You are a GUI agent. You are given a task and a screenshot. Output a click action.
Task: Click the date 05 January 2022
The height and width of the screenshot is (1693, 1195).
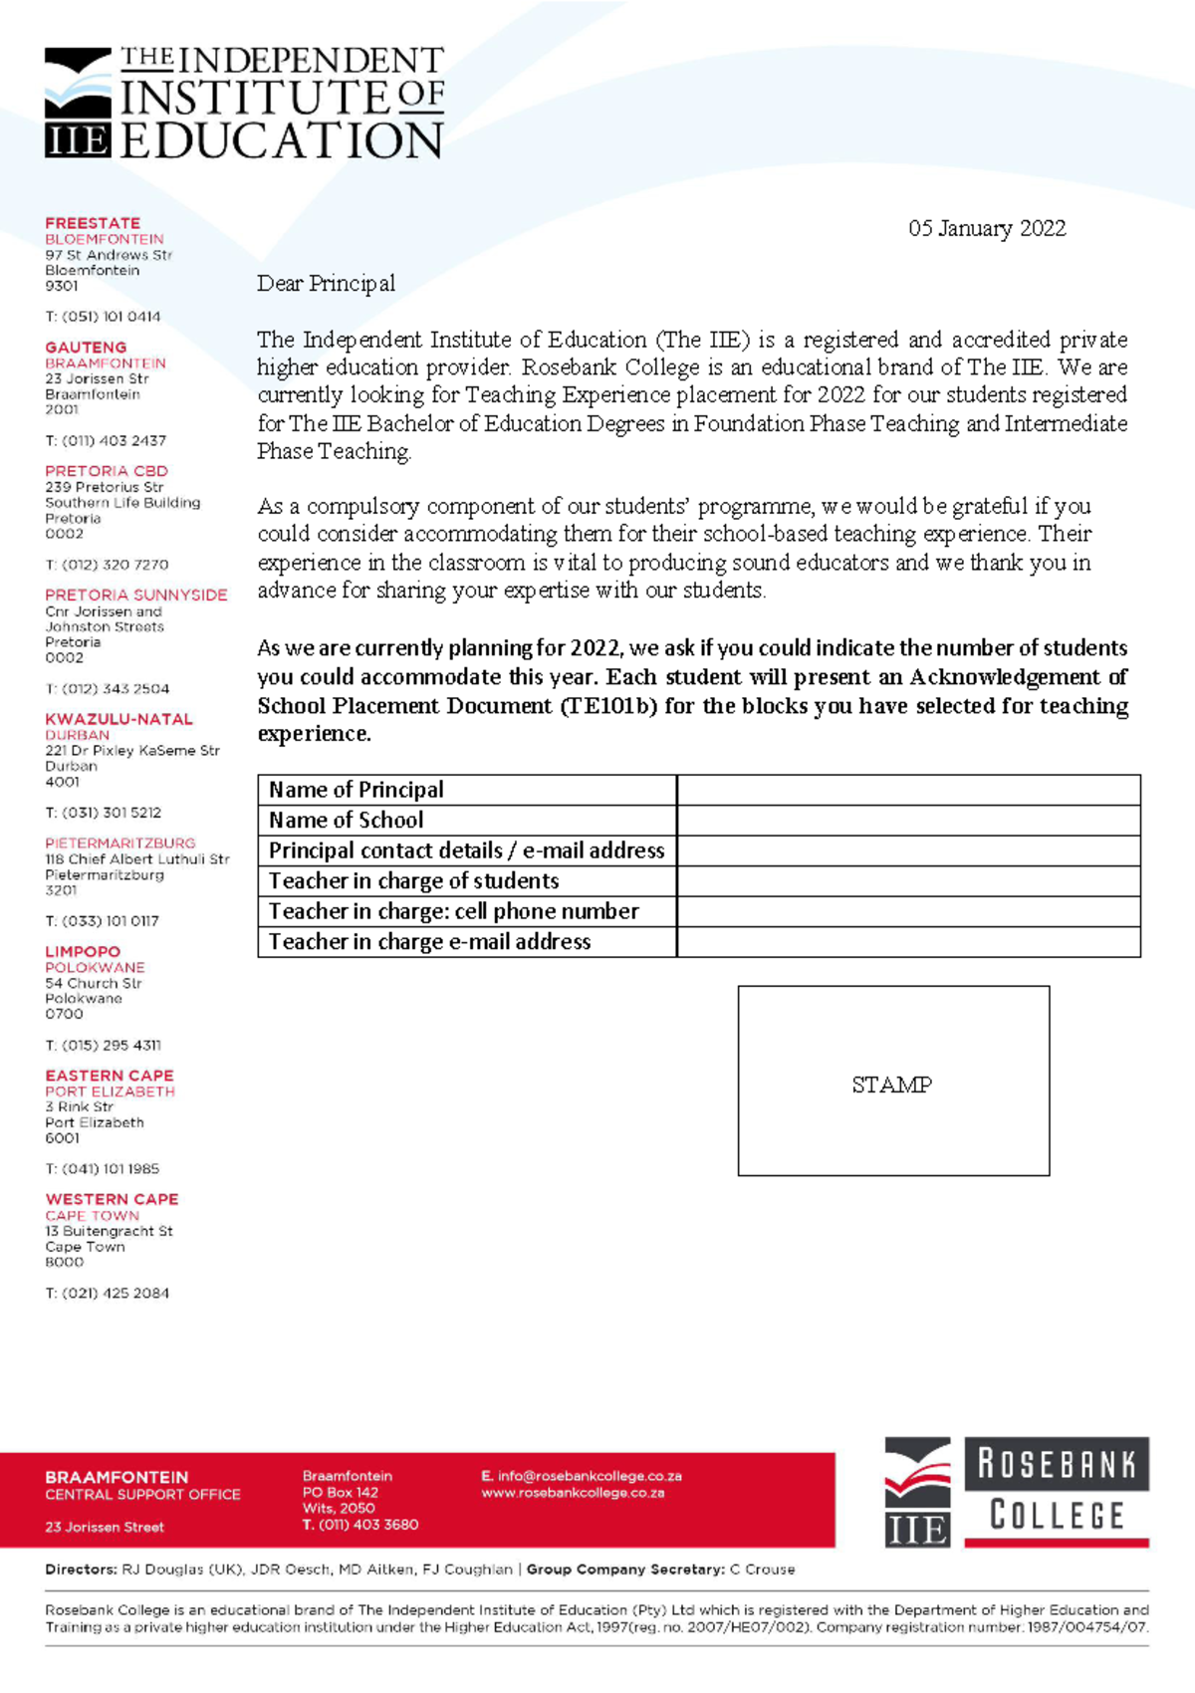(986, 228)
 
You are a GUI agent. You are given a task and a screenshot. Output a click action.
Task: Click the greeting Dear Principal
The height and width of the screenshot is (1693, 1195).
(326, 284)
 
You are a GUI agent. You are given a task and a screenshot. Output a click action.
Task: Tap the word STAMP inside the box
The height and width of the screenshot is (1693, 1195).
(891, 1085)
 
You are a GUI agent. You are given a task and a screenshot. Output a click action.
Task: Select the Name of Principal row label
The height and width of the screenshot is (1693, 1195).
(356, 790)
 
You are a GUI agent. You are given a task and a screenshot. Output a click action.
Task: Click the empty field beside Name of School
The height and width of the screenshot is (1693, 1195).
(907, 821)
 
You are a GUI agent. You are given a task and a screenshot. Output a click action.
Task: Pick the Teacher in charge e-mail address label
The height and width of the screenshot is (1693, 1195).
(429, 942)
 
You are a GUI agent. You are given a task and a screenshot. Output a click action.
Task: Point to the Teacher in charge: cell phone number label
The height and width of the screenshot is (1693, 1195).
(453, 911)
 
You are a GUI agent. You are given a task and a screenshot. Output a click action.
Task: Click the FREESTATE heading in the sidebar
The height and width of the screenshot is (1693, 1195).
(93, 223)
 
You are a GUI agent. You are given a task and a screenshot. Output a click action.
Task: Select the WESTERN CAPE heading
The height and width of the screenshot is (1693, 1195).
(112, 1199)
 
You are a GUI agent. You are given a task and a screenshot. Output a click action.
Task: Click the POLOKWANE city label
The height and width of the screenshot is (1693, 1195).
(95, 967)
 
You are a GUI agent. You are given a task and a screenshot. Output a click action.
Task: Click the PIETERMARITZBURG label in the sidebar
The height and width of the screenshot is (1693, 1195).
(119, 843)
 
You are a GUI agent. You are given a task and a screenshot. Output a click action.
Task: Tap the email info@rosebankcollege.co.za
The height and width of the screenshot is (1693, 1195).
(589, 1476)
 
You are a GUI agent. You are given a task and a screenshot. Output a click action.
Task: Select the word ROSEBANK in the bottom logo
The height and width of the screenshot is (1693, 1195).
(1057, 1465)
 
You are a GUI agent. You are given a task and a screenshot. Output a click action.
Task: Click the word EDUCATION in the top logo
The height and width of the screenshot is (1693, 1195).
(282, 140)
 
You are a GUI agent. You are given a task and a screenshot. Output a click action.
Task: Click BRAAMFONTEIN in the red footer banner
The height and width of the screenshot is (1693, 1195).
(117, 1477)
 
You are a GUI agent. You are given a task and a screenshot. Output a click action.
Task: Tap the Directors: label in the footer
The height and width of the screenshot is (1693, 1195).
(81, 1570)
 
